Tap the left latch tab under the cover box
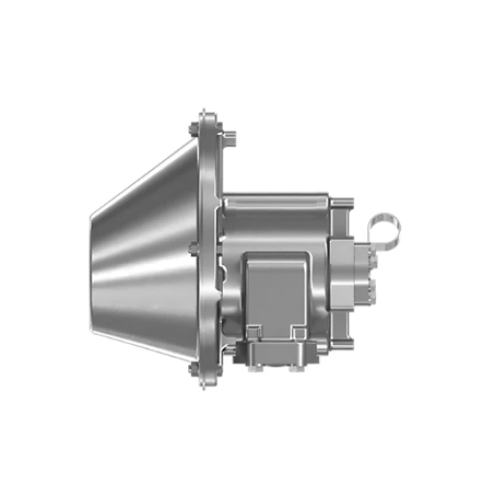click(253, 333)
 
